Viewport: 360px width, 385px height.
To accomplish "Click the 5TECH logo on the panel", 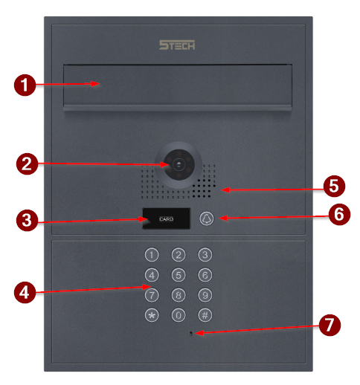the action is point(177,45).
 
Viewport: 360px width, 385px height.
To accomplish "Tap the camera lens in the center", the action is point(179,164).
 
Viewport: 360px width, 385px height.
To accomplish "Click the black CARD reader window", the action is point(166,219).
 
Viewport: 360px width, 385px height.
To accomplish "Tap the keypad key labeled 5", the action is point(179,275).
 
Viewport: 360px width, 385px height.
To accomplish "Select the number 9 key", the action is point(205,295).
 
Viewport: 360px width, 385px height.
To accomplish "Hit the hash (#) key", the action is point(205,315).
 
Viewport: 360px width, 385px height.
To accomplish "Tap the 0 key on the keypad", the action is point(179,315).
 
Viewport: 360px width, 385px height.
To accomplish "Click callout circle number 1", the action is point(25,85).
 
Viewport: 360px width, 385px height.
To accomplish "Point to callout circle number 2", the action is point(27,164).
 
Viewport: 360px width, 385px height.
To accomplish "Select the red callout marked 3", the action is point(27,220).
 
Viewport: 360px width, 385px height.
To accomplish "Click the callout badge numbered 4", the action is point(25,292).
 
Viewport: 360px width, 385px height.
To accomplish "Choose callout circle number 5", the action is point(334,187).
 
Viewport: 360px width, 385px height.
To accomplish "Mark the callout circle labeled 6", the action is point(339,214).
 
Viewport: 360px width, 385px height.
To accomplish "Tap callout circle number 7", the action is point(330,325).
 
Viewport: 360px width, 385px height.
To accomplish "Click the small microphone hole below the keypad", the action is point(190,334).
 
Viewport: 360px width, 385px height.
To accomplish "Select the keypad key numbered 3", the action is point(205,255).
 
